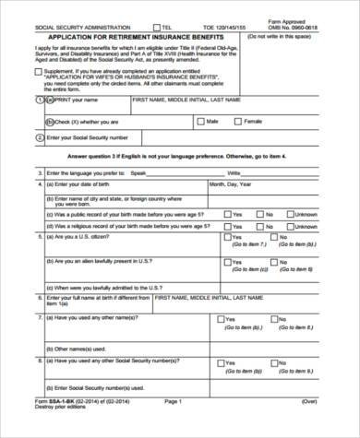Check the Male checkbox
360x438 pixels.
click(x=201, y=121)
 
